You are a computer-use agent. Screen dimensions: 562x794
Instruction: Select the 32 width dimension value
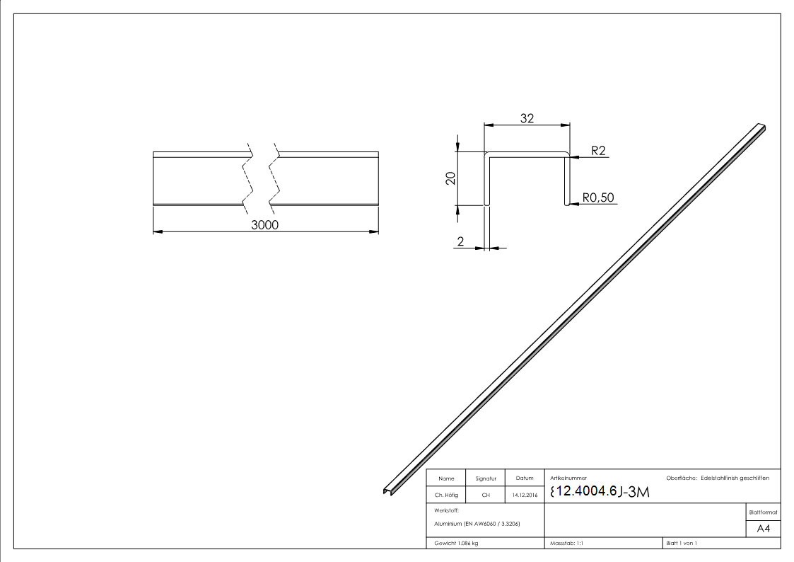coord(527,118)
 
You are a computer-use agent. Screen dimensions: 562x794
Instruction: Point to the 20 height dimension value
coord(450,178)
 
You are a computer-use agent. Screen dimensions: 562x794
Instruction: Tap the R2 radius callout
coord(597,151)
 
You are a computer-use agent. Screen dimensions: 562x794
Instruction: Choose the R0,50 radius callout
coord(599,197)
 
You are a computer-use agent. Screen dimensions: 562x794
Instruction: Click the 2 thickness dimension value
coord(461,241)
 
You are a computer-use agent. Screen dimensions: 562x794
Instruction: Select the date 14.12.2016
coord(524,495)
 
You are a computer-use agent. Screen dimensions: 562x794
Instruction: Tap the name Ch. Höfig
coord(446,495)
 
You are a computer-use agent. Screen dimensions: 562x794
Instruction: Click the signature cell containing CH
coord(486,495)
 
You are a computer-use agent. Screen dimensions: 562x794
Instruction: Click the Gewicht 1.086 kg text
coord(457,543)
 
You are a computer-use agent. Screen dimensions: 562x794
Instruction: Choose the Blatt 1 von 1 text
coord(682,543)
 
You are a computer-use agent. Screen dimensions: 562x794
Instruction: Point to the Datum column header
coord(524,479)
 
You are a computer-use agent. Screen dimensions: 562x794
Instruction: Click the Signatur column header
coord(486,479)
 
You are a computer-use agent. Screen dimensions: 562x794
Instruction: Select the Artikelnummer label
coord(568,478)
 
